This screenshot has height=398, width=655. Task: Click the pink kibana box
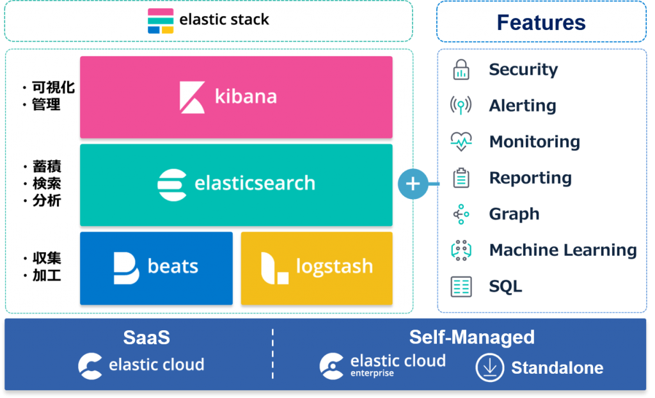coord(235,97)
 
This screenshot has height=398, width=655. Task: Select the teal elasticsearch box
coord(235,184)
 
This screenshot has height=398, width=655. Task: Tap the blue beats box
coord(156,267)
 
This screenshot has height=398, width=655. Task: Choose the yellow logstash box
coord(317,267)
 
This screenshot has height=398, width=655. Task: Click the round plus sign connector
coord(413,184)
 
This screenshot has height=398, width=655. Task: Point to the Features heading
coord(541,22)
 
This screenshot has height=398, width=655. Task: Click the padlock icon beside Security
coord(461,70)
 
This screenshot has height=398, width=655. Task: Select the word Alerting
coord(522,106)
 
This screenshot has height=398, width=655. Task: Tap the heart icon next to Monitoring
coord(461,142)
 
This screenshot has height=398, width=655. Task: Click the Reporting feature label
coord(530,179)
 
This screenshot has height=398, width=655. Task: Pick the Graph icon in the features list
coord(461,214)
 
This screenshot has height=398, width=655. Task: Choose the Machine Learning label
coord(563,250)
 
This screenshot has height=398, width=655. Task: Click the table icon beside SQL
coord(461,287)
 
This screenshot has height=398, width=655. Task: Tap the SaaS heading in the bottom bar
coord(146,337)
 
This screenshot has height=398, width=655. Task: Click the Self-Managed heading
coord(471,337)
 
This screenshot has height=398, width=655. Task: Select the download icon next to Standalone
coord(489,368)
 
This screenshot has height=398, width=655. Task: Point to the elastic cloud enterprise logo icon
coord(332,366)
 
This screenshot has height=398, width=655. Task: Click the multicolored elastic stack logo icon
coord(161,20)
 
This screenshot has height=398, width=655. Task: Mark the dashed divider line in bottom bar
coord(272,354)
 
